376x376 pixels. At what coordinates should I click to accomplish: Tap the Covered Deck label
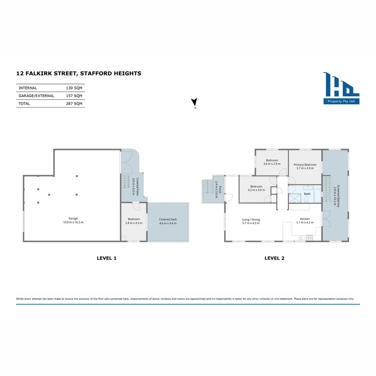[x=168, y=220]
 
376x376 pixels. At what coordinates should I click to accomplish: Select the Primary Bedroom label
[x=305, y=165]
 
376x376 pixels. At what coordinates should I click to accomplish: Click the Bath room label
[x=307, y=194]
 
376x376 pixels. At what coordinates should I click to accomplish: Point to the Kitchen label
[x=303, y=219]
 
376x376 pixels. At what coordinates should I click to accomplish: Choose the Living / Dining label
[x=251, y=220]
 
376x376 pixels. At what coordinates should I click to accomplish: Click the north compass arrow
[x=194, y=102]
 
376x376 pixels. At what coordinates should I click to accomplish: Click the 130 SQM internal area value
[x=74, y=88]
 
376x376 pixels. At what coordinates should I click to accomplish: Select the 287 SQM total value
[x=74, y=103]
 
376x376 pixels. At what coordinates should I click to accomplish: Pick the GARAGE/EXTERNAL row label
[x=36, y=96]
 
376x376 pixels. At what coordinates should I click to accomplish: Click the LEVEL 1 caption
[x=106, y=258]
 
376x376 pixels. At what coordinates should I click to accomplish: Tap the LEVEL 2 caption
[x=274, y=258]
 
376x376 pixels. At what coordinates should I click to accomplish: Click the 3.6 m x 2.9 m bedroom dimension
[x=272, y=164]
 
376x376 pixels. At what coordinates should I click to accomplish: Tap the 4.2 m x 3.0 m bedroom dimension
[x=256, y=190]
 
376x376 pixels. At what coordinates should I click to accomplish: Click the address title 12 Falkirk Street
[x=79, y=73]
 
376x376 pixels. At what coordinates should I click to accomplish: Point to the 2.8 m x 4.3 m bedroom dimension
[x=134, y=223]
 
